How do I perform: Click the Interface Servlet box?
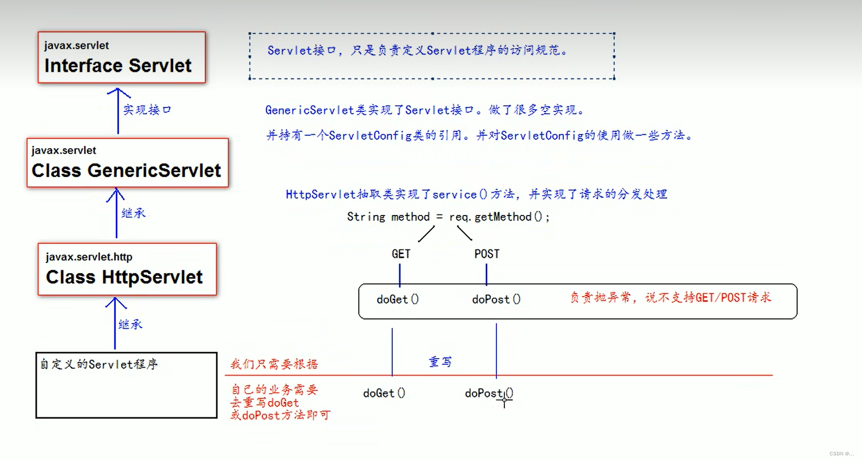[122, 58]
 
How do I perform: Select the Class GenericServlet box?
[127, 163]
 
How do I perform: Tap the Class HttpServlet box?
[127, 269]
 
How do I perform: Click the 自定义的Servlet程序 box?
[126, 385]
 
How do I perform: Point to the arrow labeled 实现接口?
[118, 111]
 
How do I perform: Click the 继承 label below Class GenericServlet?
[134, 213]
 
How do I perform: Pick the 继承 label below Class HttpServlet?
[131, 325]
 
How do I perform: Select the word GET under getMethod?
[401, 254]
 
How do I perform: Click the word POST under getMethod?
[487, 254]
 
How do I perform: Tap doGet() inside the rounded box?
[397, 299]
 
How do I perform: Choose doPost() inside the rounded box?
[496, 299]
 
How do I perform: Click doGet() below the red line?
[384, 393]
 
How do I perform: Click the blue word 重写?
[440, 362]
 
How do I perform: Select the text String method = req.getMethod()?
[448, 217]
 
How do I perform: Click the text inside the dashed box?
[417, 51]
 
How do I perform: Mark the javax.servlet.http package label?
[89, 257]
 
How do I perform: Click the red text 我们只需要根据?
[274, 364]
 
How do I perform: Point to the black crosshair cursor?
[504, 400]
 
